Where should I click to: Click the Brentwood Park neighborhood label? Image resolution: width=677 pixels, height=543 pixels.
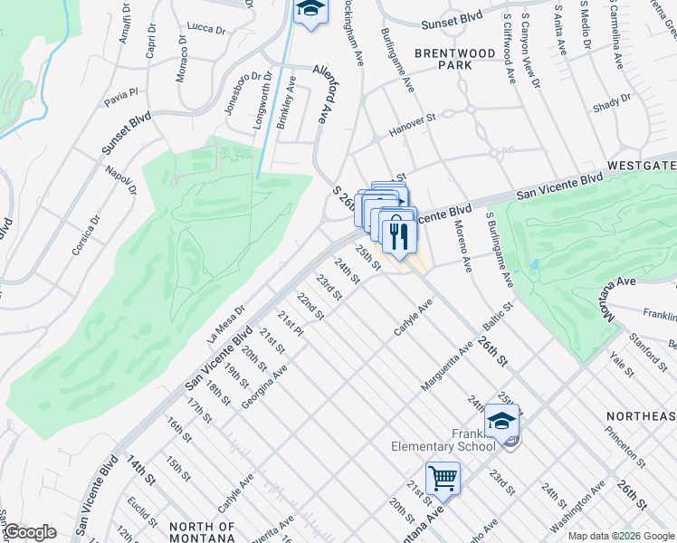click(x=455, y=60)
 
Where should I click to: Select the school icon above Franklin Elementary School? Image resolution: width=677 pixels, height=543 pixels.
click(x=501, y=420)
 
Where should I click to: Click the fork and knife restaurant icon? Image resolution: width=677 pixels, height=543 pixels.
click(x=398, y=236)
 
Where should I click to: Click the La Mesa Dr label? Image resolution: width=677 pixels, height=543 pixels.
click(x=226, y=323)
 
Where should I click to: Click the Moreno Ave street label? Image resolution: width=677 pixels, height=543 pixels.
click(x=462, y=245)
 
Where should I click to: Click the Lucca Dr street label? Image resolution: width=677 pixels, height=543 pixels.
click(x=205, y=29)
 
